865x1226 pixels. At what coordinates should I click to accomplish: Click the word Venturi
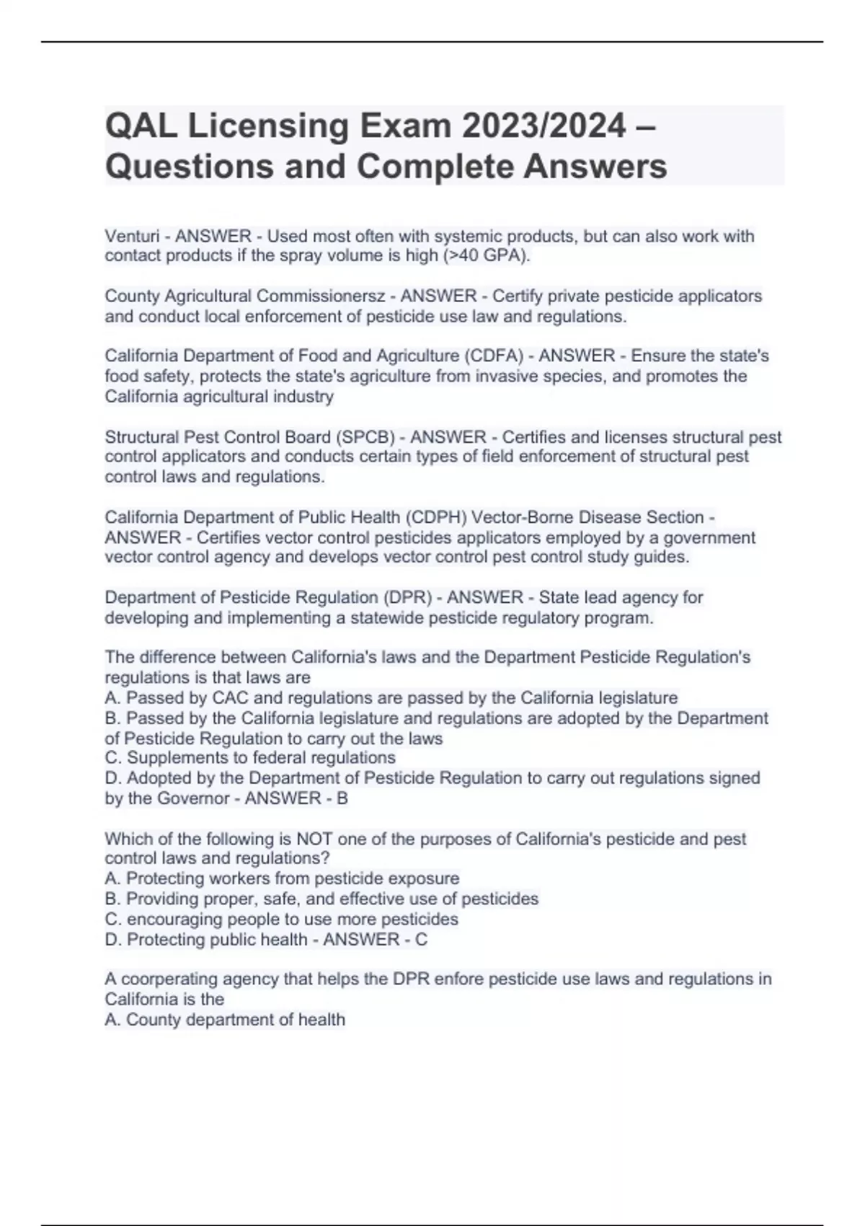[130, 236]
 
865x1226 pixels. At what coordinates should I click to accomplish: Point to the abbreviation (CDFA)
[493, 356]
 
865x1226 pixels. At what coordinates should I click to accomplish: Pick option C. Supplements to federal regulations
[250, 758]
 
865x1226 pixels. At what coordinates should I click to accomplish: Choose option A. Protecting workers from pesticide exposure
[282, 878]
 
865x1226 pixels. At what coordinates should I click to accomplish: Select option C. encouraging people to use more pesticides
[281, 919]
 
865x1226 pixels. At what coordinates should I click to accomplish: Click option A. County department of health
[225, 1019]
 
